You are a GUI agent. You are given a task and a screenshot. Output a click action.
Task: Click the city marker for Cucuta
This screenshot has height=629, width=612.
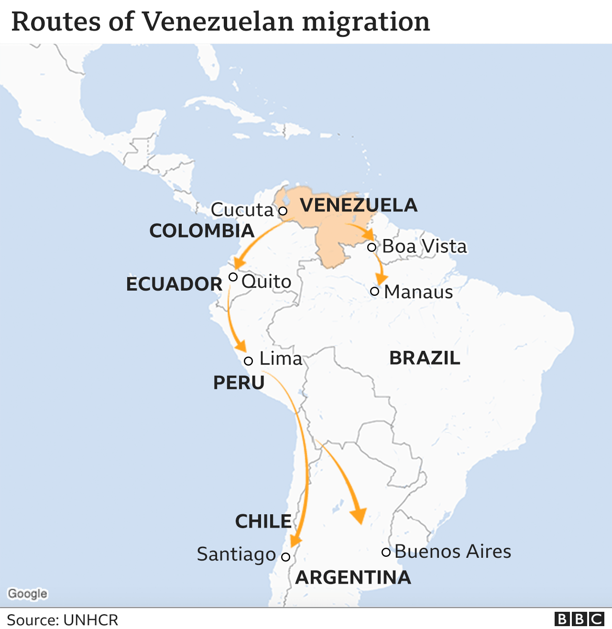pyautogui.click(x=283, y=211)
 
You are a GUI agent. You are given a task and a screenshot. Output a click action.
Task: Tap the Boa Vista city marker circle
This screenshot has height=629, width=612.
pyautogui.click(x=372, y=247)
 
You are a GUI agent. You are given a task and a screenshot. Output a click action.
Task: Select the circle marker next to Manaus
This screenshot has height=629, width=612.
pyautogui.click(x=375, y=291)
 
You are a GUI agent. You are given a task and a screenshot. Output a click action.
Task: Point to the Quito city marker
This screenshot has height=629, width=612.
pyautogui.click(x=233, y=277)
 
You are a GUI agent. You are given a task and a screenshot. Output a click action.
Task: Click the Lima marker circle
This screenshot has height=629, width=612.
pyautogui.click(x=248, y=361)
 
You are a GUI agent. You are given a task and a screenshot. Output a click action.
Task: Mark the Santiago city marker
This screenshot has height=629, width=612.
pyautogui.click(x=285, y=557)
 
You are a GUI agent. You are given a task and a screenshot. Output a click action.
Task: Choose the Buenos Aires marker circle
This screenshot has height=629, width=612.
pyautogui.click(x=386, y=552)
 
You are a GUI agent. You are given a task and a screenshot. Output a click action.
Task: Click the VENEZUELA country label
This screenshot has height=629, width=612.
pyautogui.click(x=359, y=205)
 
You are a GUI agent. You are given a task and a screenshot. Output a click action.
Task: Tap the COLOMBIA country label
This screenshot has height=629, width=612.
pyautogui.click(x=202, y=231)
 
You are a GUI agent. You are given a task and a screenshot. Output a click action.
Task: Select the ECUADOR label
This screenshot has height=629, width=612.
pyautogui.click(x=174, y=284)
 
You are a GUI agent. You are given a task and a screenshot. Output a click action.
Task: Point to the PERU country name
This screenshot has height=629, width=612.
pyautogui.click(x=239, y=382)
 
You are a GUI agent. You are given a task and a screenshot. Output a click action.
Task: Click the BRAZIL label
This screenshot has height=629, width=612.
pyautogui.click(x=425, y=358)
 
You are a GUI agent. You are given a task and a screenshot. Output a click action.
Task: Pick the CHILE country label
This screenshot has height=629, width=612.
pyautogui.click(x=263, y=521)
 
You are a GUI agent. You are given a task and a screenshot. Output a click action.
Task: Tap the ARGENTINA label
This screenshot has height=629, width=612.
pyautogui.click(x=353, y=577)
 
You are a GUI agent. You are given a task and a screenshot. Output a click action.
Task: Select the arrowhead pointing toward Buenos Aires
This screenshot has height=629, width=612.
pyautogui.click(x=358, y=515)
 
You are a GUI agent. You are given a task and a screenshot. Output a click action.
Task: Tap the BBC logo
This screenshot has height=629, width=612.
pyautogui.click(x=579, y=619)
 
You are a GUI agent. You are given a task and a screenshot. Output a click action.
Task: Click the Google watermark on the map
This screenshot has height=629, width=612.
pyautogui.click(x=28, y=594)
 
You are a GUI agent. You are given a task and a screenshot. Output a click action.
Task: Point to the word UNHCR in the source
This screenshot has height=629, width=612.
pyautogui.click(x=90, y=620)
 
